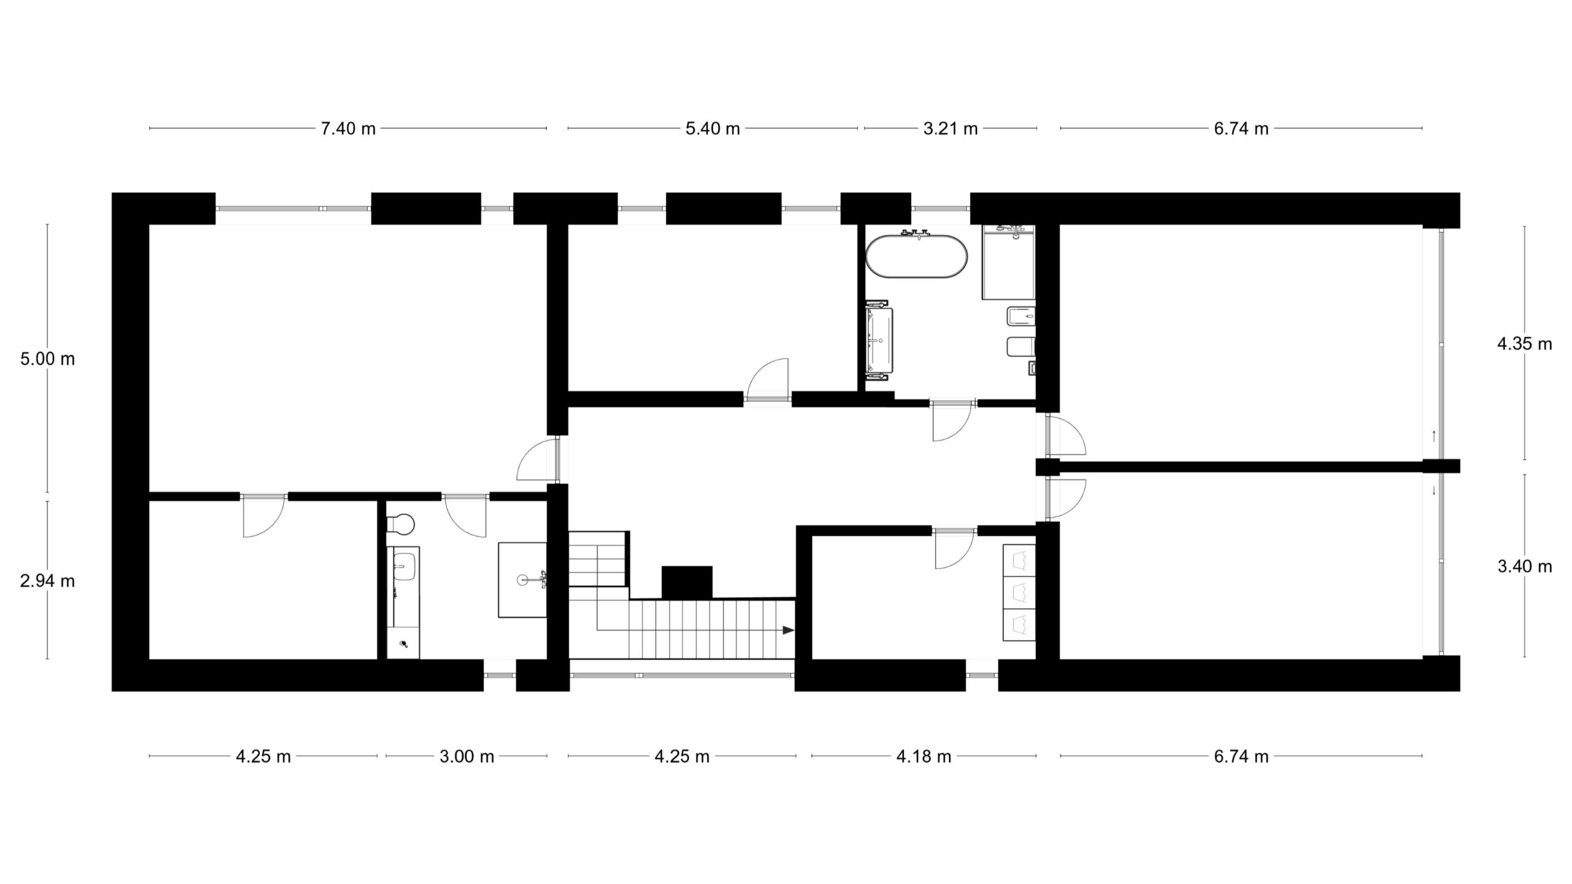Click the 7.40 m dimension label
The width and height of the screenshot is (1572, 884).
[x=348, y=129]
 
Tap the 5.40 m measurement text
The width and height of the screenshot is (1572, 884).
[x=712, y=129]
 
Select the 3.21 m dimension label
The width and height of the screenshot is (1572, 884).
[x=951, y=129]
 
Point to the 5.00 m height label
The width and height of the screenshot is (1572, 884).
[x=47, y=359]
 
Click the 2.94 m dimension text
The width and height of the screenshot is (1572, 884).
[x=47, y=581]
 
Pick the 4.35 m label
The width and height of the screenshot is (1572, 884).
[x=1525, y=344]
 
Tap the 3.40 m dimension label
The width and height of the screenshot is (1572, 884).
[x=1525, y=566]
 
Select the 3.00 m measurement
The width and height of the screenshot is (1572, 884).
[x=467, y=756]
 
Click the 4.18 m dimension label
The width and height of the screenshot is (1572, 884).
[x=924, y=756]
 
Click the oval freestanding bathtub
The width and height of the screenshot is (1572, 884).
[x=917, y=256]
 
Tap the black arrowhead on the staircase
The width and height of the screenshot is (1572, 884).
[x=788, y=630]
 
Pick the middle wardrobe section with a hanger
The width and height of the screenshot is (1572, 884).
[x=1019, y=592]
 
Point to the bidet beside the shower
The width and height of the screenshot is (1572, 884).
[x=1021, y=317]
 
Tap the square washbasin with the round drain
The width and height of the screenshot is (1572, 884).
[x=523, y=580]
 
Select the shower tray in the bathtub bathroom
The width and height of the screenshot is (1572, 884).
[x=1008, y=263]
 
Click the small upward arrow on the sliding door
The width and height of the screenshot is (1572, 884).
[x=1433, y=436]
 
